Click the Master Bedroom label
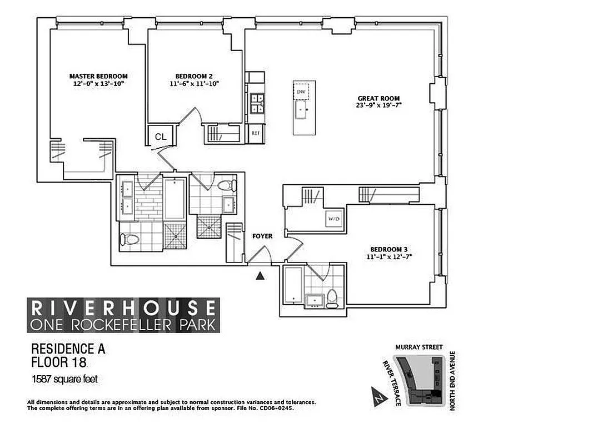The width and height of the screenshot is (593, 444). pos(98,76)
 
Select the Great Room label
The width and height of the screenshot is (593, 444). pos(379,98)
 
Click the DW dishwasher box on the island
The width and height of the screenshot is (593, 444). pos(301,92)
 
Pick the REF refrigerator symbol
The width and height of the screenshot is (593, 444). pos(256,133)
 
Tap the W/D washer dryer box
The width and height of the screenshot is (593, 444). pos(335,219)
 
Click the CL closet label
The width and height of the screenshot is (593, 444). pos(161,137)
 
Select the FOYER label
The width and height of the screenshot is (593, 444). pos(262,236)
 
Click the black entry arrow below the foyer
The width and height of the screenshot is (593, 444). pos(258,275)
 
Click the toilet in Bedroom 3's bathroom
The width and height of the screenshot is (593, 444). pos(332,299)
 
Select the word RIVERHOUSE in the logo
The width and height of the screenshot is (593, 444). pos(123,307)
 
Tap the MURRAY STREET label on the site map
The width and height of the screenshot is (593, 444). pos(419,347)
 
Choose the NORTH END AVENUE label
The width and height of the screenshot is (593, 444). pos(453,381)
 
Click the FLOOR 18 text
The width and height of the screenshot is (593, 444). pos(58,363)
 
